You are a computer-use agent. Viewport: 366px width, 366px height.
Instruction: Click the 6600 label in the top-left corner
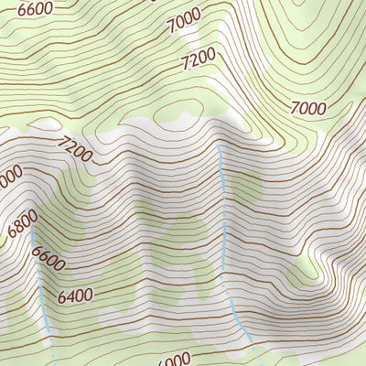coord(36,10)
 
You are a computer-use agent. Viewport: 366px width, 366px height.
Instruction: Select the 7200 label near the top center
coord(198,60)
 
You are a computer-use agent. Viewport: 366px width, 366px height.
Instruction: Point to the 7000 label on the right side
coord(307,108)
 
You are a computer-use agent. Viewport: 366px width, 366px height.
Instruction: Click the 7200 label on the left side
coord(73,148)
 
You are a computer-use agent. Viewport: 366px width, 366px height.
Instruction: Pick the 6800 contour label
coord(22,223)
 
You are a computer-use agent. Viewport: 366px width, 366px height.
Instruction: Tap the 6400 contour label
coord(75,296)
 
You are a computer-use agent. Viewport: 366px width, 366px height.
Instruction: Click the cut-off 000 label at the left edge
coord(9,176)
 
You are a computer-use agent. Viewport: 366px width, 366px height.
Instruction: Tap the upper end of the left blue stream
coord(33,231)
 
